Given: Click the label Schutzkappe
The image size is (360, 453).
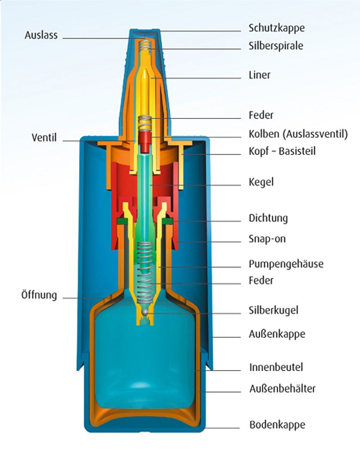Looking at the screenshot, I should point(276,28).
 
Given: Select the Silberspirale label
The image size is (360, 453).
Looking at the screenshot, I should point(276,46).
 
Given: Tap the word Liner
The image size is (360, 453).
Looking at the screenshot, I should point(260,75).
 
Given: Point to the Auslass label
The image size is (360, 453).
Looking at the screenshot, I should point(41,35).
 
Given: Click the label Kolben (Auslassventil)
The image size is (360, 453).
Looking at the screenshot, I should point(298,134).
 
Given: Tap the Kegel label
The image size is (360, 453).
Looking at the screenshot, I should point(261,182).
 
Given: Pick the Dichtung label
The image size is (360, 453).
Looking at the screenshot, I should point(268,219).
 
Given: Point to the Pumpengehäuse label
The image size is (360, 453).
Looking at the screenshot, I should point(286,264).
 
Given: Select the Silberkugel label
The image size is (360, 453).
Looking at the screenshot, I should point(274,310).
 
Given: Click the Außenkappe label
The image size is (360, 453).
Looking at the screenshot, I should point(277,334).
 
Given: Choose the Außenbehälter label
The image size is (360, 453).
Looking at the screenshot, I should point(282,388).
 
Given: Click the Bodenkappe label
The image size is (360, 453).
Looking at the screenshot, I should point(277,425).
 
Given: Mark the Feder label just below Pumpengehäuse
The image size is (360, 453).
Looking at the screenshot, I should point(261,281).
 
